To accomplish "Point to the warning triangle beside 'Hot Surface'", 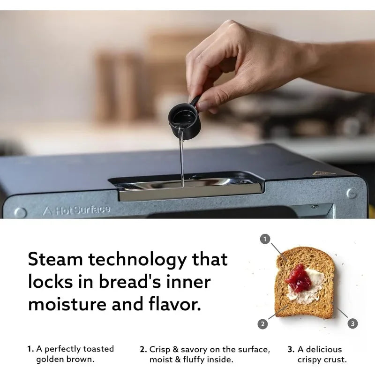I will (x=47, y=211).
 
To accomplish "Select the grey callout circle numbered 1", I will (x=265, y=240).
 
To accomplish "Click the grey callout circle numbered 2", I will (x=263, y=323).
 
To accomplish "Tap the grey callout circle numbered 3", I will (x=352, y=323).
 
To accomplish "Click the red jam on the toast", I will (x=299, y=277).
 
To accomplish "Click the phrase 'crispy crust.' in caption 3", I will (x=322, y=360).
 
